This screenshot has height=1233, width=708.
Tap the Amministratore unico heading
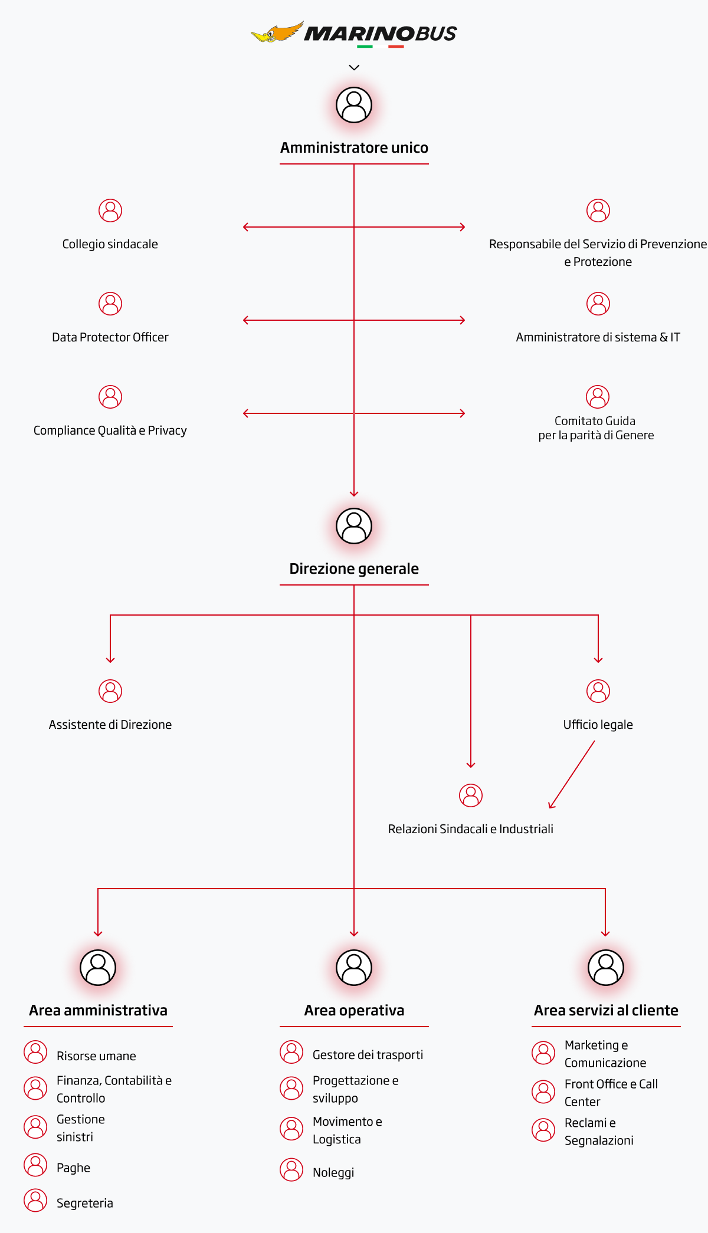click(354, 147)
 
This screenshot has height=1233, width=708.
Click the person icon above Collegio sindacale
click(110, 211)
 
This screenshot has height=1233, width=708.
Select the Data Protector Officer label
click(110, 337)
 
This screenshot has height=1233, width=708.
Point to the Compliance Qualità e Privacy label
click(110, 430)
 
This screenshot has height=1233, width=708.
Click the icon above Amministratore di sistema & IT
click(598, 304)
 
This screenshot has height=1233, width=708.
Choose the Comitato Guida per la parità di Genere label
click(596, 428)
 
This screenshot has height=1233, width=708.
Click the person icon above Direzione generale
click(354, 526)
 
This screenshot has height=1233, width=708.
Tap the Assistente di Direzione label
click(110, 725)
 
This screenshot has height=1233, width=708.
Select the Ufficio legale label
click(598, 725)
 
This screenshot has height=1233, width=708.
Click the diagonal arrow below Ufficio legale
click(572, 774)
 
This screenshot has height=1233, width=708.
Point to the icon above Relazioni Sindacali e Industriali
click(471, 795)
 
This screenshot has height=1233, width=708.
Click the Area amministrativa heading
click(99, 1010)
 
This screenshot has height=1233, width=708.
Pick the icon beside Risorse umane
click(35, 1052)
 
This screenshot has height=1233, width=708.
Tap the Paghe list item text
click(74, 1168)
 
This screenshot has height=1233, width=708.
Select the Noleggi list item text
click(333, 1173)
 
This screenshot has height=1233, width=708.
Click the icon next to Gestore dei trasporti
click(291, 1052)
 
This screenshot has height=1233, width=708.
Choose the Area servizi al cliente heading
click(606, 1010)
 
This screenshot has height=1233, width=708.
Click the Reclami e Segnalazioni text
click(599, 1132)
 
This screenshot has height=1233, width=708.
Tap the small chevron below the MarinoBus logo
click(354, 68)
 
